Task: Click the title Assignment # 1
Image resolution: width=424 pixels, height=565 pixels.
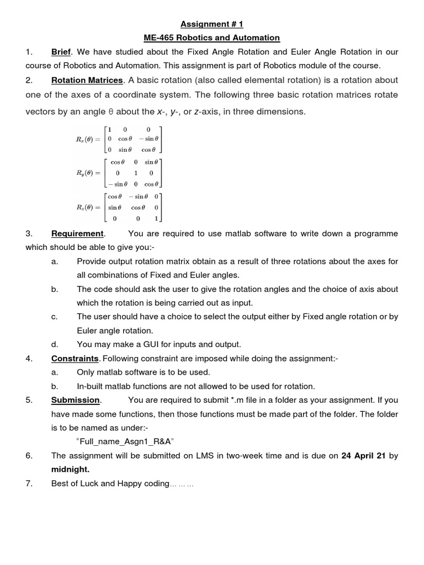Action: tap(211, 24)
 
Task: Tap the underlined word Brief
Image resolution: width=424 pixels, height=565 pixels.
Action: tap(61, 52)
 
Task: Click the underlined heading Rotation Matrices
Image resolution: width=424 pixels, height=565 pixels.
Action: tap(87, 81)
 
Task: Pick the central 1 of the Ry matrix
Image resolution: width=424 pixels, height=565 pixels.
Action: tap(136, 173)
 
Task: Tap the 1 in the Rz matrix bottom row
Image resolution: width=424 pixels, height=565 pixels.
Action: tap(156, 218)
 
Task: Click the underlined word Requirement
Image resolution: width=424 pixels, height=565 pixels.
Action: tap(77, 233)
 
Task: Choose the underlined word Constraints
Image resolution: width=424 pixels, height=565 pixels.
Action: tap(75, 359)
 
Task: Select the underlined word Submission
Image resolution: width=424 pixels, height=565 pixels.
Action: tap(76, 400)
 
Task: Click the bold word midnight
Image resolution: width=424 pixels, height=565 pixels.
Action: tap(70, 470)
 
